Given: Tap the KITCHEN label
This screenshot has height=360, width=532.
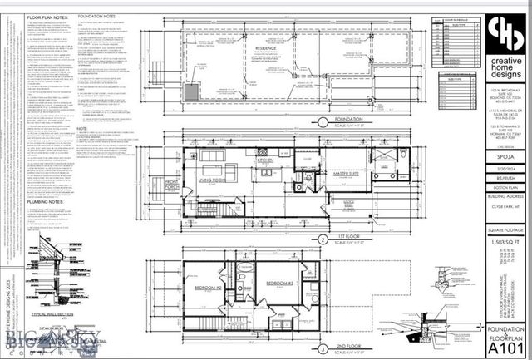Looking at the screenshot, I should pos(265,160).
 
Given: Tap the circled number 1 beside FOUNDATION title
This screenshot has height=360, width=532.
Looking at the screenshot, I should pos(322,121).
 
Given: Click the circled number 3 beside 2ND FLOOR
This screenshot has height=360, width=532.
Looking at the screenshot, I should pos(322,347).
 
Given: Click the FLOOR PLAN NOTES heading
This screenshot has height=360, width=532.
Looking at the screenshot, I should pos(47,17).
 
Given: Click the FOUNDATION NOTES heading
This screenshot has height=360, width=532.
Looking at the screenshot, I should pos(96,16).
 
